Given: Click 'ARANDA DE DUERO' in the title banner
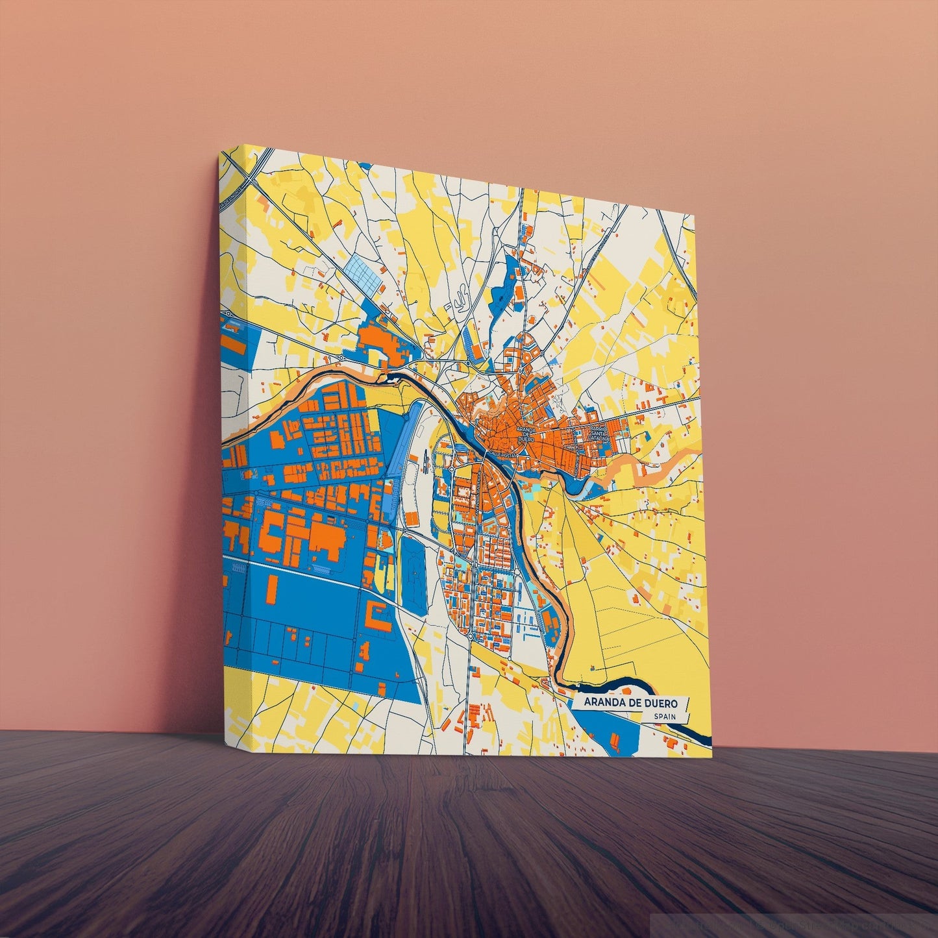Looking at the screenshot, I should [x=630, y=702].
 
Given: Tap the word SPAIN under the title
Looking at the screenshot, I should [x=665, y=717].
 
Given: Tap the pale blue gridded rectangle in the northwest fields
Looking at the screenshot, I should [x=363, y=273].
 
